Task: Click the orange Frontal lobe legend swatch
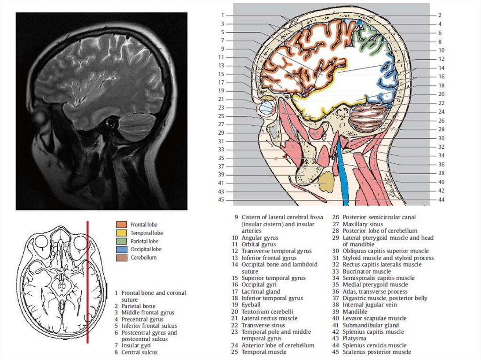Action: (121, 224)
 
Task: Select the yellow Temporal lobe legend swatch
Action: (121, 232)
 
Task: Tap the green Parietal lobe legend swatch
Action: (121, 241)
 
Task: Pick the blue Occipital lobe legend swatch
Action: (121, 249)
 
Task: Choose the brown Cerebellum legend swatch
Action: (121, 257)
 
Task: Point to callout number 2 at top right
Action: (440, 15)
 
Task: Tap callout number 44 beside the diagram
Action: (441, 199)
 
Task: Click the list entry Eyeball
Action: (253, 305)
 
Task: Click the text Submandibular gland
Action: (371, 325)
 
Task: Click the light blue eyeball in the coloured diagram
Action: (266, 108)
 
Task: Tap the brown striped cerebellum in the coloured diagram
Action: (369, 118)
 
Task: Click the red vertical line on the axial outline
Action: (87, 282)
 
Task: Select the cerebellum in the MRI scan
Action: (136, 127)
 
